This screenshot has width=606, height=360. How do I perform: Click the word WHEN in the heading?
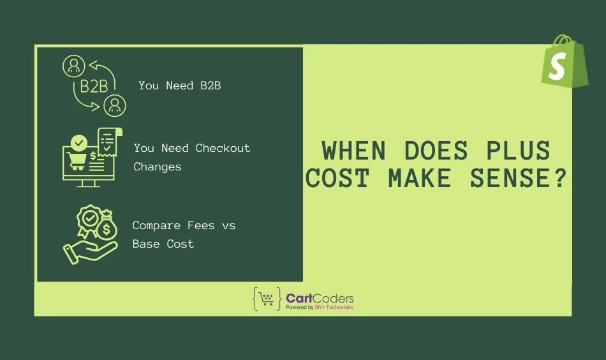[x=354, y=151]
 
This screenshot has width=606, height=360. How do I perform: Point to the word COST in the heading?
[x=337, y=179]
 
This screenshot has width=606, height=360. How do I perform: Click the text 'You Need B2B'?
[x=179, y=86]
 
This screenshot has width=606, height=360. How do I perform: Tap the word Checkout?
[x=223, y=148]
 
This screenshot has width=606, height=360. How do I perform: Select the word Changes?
[x=158, y=167]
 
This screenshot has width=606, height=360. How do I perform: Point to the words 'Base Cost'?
[x=163, y=244]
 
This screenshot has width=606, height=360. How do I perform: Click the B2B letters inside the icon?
[x=94, y=86]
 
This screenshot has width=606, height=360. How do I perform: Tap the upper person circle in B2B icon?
[x=73, y=65]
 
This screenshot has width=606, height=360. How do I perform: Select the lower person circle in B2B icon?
[x=115, y=105]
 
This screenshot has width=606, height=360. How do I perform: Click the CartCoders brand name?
[x=320, y=298]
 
